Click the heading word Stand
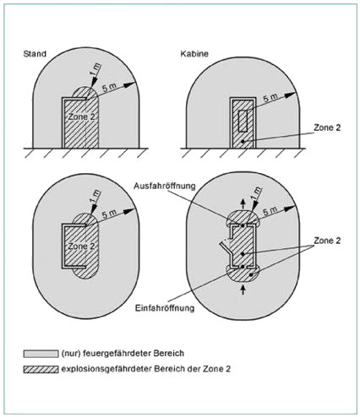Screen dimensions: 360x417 click(35, 54)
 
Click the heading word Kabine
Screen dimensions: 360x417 click(194, 54)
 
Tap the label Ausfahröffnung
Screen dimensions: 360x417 click(165, 186)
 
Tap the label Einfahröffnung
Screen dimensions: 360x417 click(165, 307)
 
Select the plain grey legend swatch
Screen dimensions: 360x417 click(41, 354)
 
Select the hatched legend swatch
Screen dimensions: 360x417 click(41, 369)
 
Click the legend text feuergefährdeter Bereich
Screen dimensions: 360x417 click(134, 353)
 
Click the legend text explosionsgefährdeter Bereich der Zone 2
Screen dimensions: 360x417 click(146, 369)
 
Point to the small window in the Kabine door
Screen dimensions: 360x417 click(243, 121)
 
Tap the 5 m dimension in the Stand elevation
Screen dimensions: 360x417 click(108, 87)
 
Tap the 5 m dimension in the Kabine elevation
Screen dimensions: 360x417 click(270, 98)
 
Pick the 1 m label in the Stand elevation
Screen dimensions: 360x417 click(95, 70)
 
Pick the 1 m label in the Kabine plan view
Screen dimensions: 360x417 click(255, 193)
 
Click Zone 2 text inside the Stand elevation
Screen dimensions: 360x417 click(81, 116)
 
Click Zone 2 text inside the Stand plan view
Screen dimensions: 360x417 click(81, 246)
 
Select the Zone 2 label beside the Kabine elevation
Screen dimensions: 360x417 click(327, 127)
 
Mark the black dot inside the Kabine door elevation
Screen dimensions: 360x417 click(243, 141)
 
